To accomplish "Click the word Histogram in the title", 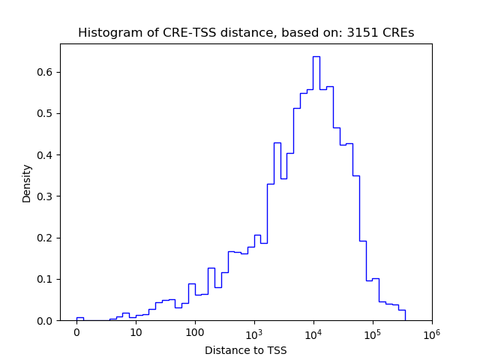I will (x=105, y=33).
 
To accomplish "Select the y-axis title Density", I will (x=27, y=183).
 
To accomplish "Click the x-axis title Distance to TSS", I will (x=246, y=349).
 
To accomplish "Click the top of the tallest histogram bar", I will (x=316, y=56).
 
